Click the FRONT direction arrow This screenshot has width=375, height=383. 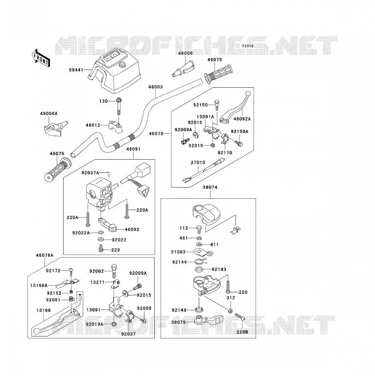pos(41,58)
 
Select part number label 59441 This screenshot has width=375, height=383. pos(76,70)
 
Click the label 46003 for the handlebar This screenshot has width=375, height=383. pos(156,87)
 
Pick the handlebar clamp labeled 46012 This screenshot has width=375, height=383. pos(116,125)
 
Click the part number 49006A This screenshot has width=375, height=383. pos(49,114)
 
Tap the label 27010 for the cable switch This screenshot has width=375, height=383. pos(198,163)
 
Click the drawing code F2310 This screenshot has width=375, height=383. pos(248,46)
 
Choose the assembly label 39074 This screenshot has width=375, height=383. pos(210,188)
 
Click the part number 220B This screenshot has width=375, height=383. pos(242,332)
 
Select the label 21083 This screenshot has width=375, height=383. pos(178,252)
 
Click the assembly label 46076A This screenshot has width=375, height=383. pos(45,255)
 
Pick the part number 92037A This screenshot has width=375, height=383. pos(91,173)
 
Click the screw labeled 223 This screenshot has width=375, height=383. pos(100,248)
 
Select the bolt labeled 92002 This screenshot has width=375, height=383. pos(114,271)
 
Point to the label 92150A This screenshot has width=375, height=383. pos(239,132)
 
